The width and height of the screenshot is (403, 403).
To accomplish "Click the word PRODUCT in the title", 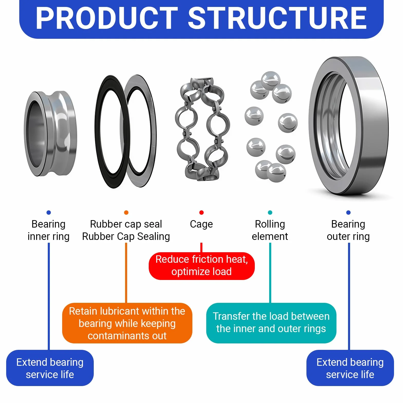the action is click(107, 18).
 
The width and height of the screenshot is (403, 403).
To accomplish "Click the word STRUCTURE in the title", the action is click(278, 18).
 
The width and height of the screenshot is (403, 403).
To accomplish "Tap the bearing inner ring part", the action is click(50, 134).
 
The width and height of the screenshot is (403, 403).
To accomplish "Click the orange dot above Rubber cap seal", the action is click(126, 212).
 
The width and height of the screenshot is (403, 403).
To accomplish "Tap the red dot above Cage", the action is click(201, 212).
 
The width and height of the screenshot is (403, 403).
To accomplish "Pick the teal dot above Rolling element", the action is click(270, 212).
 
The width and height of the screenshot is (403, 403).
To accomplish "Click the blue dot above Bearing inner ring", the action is click(49, 212).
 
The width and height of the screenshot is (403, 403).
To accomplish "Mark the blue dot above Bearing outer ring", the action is click(348, 212).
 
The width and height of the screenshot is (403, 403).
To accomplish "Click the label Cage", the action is click(201, 224).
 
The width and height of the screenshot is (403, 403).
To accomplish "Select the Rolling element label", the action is click(270, 230).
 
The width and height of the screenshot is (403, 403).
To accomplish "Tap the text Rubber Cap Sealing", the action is click(126, 237).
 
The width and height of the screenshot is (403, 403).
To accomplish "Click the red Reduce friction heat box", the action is click(202, 266).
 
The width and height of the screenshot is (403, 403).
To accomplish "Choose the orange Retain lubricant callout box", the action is click(127, 323).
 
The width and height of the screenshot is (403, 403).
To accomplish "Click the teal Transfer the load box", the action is click(271, 323).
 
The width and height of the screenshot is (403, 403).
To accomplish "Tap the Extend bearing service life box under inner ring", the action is click(50, 368).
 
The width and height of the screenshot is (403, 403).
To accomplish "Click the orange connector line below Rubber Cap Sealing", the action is click(126, 273).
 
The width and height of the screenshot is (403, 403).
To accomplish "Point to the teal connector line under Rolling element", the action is click(270, 273).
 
